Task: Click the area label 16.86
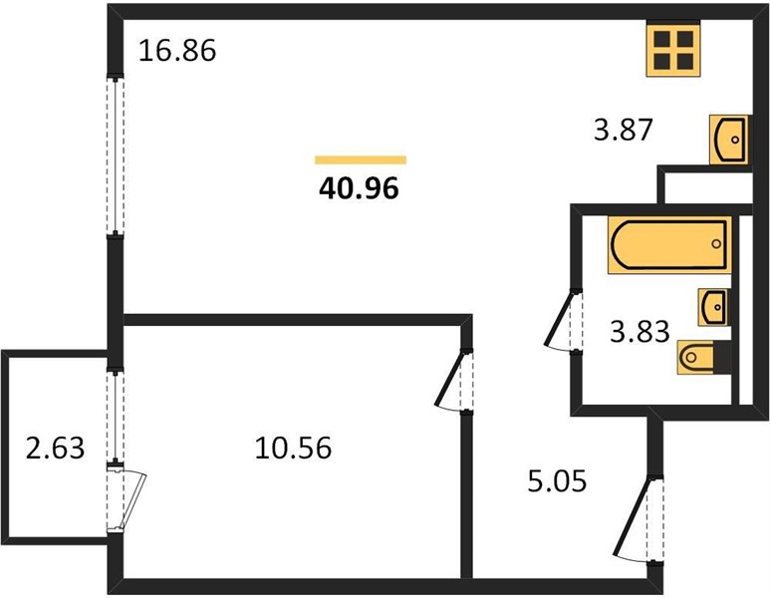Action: [177, 51]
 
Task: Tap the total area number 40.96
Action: [359, 188]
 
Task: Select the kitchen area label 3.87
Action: [624, 131]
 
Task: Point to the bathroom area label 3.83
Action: [640, 331]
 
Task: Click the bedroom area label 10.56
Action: [293, 448]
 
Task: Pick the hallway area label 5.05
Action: [558, 481]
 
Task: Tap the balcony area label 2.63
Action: [55, 448]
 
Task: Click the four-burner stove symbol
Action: [673, 50]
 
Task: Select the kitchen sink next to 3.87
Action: [729, 140]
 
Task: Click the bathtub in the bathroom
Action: [669, 245]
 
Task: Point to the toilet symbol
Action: [703, 357]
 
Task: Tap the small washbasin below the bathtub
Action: [713, 307]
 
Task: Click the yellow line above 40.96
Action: [361, 159]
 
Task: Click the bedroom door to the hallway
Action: [454, 380]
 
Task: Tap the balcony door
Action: [127, 498]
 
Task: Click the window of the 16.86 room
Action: [116, 155]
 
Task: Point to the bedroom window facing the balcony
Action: [116, 417]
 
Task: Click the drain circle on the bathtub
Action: [716, 244]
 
